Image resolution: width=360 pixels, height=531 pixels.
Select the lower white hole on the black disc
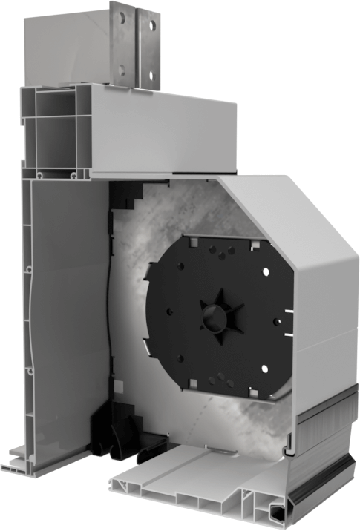click(264, 369)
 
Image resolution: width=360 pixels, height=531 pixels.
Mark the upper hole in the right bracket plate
click(152, 24)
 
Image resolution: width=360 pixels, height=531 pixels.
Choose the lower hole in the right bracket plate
click(152, 74)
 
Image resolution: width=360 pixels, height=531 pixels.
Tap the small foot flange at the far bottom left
click(19, 466)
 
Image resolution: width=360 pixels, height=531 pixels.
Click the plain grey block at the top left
click(67, 52)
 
